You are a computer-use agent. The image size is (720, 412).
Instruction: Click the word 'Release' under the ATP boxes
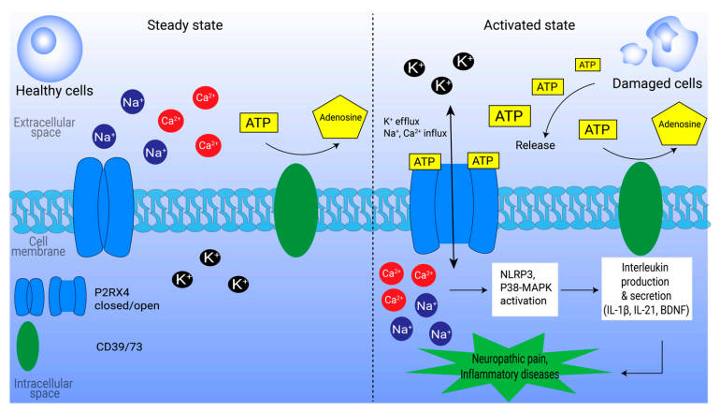pyautogui.click(x=536, y=145)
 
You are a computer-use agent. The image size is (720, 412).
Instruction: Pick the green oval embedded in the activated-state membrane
pyautogui.click(x=647, y=212)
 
